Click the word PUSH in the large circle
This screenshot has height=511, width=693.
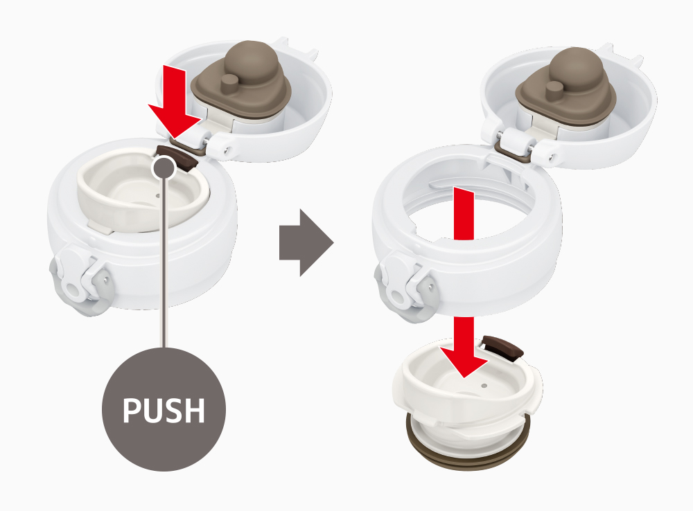(x=164, y=411)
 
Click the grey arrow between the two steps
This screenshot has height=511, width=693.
(x=306, y=242)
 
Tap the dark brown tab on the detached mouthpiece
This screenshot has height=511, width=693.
(x=503, y=346)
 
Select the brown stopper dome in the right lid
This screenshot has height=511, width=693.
(x=576, y=66)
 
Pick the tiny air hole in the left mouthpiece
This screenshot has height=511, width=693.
(x=158, y=196)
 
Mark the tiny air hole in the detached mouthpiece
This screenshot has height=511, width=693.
(x=484, y=385)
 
